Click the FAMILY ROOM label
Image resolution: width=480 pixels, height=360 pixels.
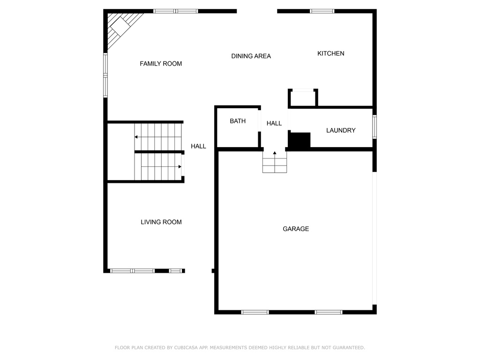161,64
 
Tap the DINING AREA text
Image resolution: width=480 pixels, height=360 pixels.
251,56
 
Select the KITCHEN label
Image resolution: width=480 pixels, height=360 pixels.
330,53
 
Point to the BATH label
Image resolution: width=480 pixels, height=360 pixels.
238,121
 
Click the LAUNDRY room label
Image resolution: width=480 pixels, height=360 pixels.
341,130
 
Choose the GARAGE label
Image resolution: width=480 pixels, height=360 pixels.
296,229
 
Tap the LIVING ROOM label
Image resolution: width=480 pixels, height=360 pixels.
161,222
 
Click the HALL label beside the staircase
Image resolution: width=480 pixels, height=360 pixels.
198,146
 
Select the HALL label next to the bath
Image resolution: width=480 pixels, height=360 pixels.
274,123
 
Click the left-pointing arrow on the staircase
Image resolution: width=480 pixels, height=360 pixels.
158,137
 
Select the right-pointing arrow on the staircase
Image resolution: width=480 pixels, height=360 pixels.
161,167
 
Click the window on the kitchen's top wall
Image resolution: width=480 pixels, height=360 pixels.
322,11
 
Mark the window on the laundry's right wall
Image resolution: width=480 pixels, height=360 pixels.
375,127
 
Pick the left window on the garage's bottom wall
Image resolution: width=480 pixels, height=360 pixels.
255,312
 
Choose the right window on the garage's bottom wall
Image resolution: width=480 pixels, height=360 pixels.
329,312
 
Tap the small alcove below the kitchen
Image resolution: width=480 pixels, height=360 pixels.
303,98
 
